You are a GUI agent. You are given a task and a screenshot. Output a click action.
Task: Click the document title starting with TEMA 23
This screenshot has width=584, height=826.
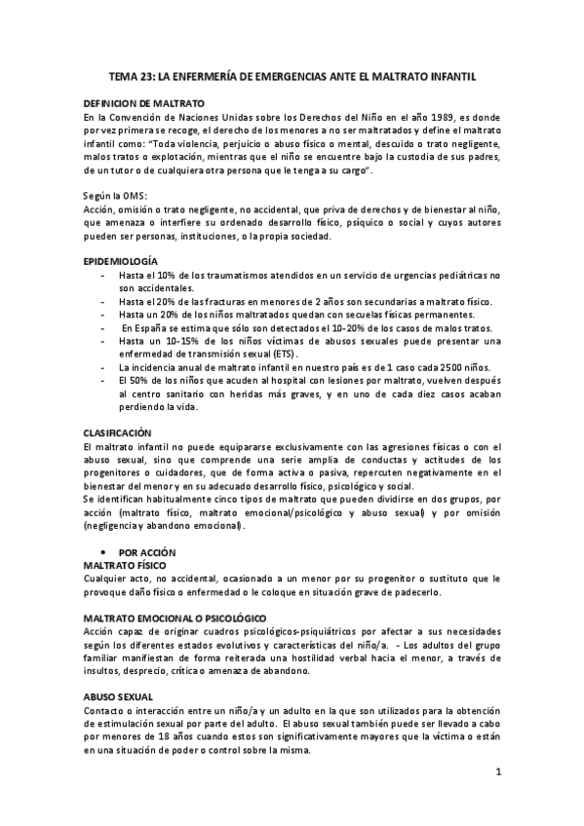[292, 76]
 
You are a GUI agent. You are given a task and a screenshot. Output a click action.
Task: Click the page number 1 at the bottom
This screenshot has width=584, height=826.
[497, 773]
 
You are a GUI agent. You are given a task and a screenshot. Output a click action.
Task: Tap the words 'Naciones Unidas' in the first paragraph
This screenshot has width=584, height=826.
[205, 116]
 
